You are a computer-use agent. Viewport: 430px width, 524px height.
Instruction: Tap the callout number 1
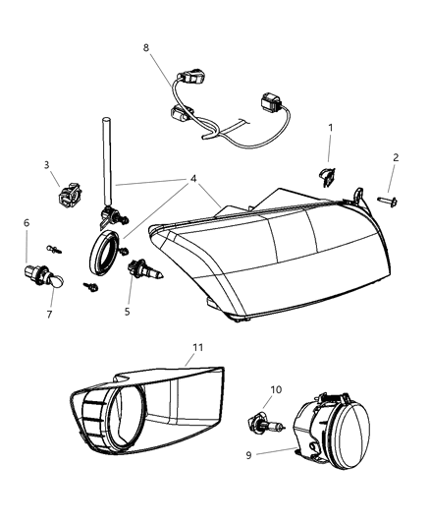coord(331,128)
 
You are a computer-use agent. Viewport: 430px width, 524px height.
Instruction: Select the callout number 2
coord(395,157)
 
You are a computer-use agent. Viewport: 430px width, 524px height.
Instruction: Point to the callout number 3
coord(46,165)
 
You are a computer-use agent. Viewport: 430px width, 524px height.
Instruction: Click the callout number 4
coord(194,178)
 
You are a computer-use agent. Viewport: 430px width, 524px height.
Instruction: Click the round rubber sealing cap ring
coord(104,255)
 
